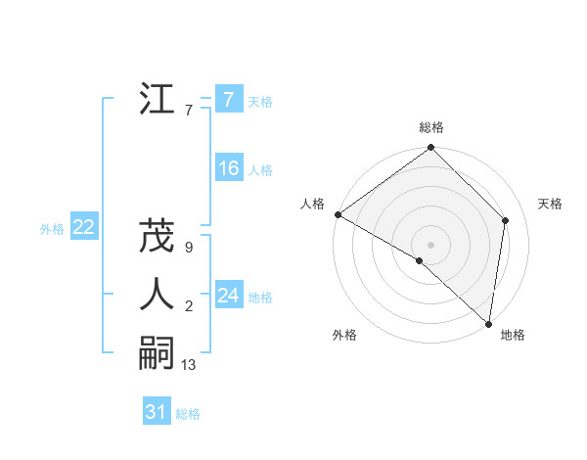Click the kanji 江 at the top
(158, 99)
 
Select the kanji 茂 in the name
(158, 238)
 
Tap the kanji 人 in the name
(158, 296)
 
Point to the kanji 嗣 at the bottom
(158, 353)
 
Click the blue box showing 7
(228, 99)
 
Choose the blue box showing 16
(228, 168)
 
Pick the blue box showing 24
(228, 296)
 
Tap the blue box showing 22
(83, 227)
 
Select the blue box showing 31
(157, 412)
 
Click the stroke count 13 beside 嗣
(189, 365)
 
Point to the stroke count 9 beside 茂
(188, 249)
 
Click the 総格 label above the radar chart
(431, 127)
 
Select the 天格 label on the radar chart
(551, 204)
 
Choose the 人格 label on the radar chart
(312, 204)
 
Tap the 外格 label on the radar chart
(344, 335)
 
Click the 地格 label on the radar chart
(513, 335)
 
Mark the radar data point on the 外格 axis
(420, 260)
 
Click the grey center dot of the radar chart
(431, 244)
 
